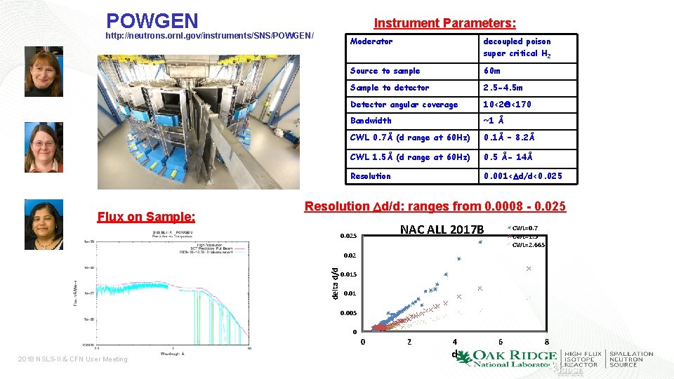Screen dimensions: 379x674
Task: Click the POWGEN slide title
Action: point(152,20)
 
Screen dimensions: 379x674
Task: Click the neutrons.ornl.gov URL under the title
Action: point(209,36)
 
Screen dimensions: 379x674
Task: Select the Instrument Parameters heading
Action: point(444,23)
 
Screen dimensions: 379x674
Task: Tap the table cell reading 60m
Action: point(492,71)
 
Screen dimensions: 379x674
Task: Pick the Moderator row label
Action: point(371,42)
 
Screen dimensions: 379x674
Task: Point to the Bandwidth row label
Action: point(371,121)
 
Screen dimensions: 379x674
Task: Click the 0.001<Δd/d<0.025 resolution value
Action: point(522,176)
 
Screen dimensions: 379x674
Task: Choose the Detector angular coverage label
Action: point(404,105)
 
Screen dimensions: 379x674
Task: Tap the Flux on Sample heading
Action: point(146,216)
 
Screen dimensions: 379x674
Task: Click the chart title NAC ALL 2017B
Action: point(442,230)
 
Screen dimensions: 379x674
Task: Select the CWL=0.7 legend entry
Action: point(524,228)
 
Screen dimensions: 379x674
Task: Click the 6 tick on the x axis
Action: point(501,343)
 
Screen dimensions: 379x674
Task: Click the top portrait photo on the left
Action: point(44,72)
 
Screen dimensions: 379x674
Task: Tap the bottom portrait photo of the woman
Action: point(44,225)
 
